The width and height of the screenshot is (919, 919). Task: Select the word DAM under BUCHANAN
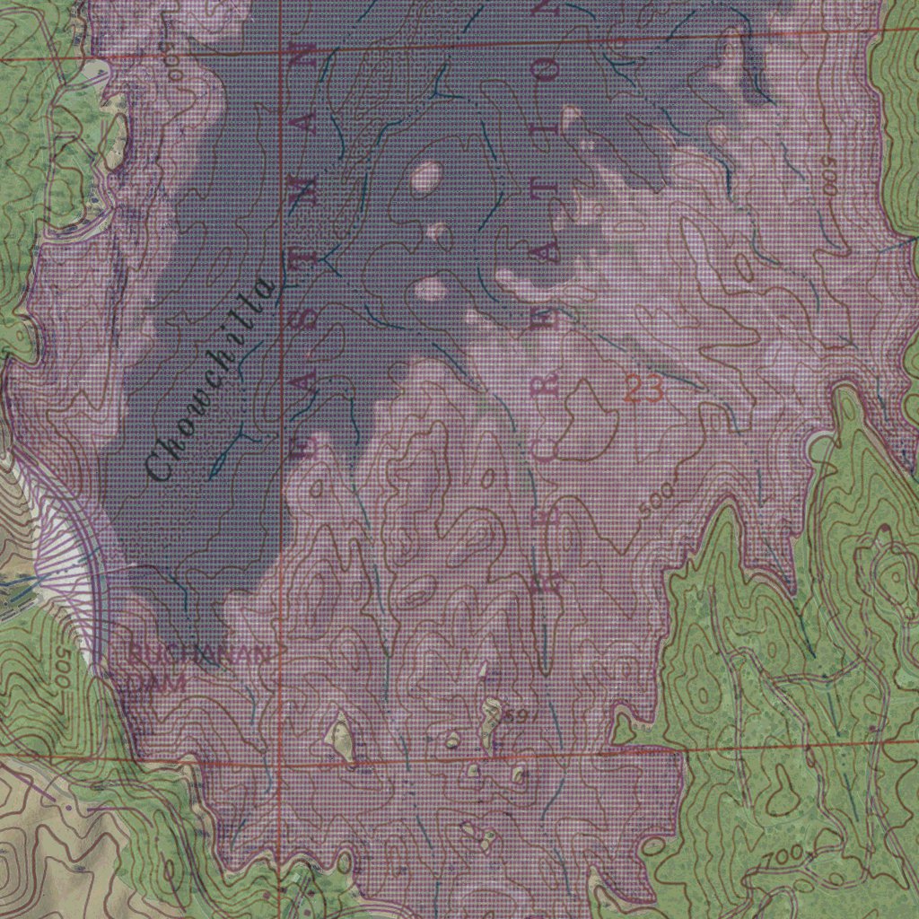click(x=156, y=682)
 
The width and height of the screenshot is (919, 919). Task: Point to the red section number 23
click(x=643, y=389)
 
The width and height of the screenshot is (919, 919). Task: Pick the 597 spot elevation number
click(x=520, y=715)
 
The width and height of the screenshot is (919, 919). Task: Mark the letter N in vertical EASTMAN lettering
click(x=307, y=56)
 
